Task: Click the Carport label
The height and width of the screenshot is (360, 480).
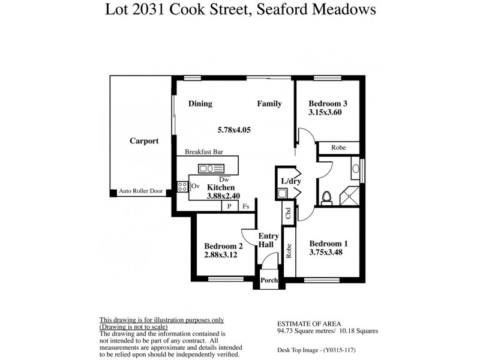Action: tap(144, 141)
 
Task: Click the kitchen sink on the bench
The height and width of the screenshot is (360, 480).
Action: tap(211, 168)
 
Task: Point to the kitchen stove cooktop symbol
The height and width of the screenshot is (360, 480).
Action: tap(183, 187)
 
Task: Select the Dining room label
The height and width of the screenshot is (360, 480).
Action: tap(200, 104)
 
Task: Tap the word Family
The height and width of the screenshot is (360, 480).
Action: tap(269, 104)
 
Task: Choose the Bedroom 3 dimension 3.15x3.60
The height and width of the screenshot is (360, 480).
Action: tap(325, 112)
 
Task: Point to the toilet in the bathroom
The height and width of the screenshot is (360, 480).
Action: tap(327, 197)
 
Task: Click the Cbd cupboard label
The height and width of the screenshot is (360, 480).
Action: tap(289, 214)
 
